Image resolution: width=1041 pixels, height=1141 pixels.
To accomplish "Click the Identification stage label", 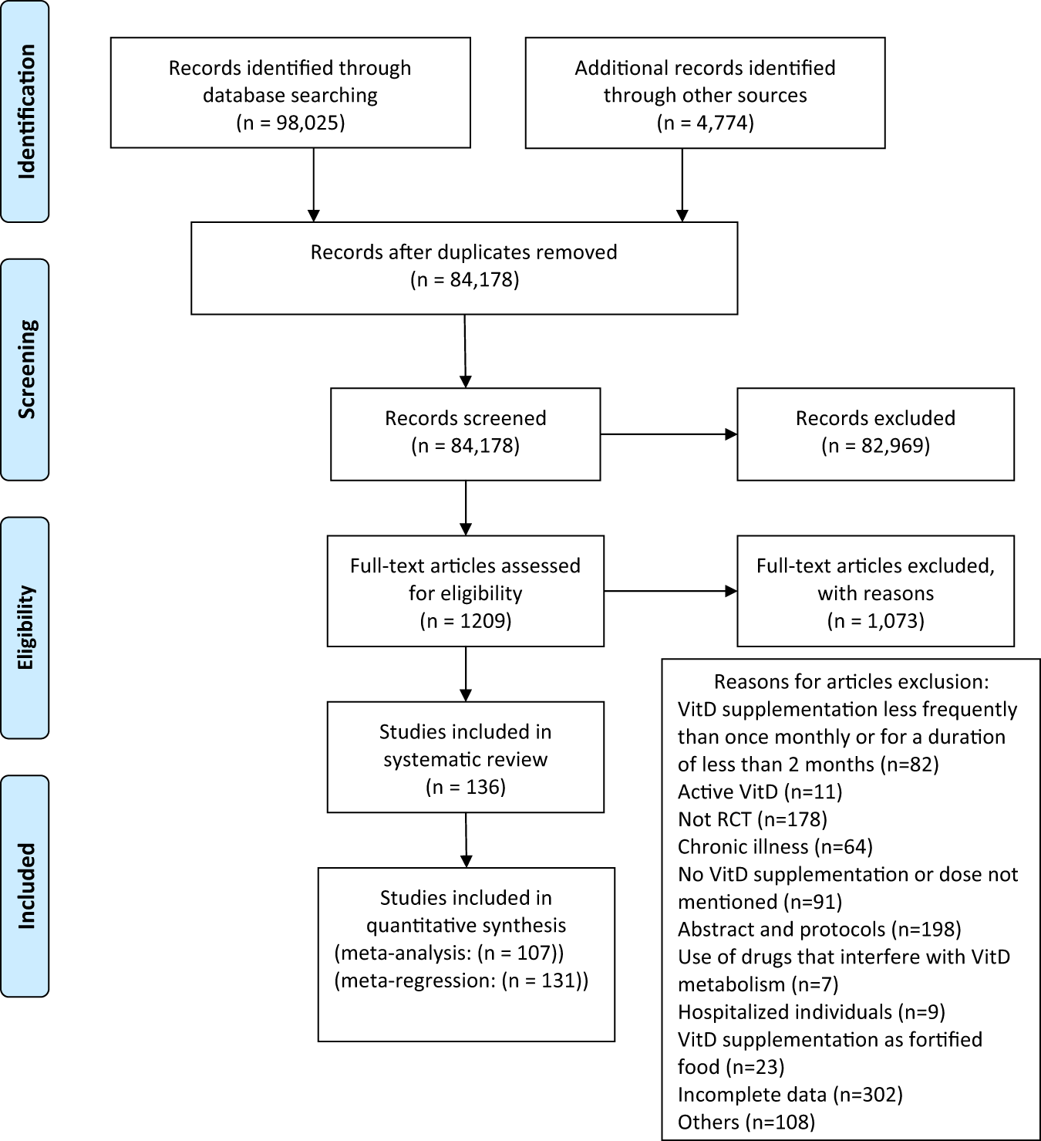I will point(25,112).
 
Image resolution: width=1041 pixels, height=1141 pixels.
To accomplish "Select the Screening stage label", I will point(25,369).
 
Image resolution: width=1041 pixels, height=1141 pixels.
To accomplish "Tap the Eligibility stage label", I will point(25,627).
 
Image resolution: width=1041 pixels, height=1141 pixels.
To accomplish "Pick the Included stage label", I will point(25,886).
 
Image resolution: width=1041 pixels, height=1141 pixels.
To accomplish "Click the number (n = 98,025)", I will point(290,123).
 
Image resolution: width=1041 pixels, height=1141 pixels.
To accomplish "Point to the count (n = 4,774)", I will point(705,123).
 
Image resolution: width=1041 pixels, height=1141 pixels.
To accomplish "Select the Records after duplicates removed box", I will point(464,268).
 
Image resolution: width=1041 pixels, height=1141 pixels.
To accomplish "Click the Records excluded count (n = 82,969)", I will point(875,446).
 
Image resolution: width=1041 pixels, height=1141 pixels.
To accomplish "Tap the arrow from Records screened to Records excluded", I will point(669,434).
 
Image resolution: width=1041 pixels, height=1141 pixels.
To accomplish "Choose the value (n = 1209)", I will point(465,621).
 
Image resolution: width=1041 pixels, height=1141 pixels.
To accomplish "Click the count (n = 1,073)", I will point(875,621).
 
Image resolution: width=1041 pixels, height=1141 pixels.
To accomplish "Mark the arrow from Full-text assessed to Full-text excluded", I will point(670,592).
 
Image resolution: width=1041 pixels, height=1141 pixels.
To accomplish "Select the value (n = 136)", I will point(465,787).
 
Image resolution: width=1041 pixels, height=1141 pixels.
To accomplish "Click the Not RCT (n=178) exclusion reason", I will point(752,819).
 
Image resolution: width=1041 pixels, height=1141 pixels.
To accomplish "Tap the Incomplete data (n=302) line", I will point(790,1094).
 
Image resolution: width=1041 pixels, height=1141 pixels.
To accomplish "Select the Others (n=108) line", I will point(746,1122).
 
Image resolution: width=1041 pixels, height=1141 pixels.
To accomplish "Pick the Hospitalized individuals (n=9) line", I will point(811,1011).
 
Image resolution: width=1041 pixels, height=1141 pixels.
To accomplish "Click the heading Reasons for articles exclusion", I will point(851,682).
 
